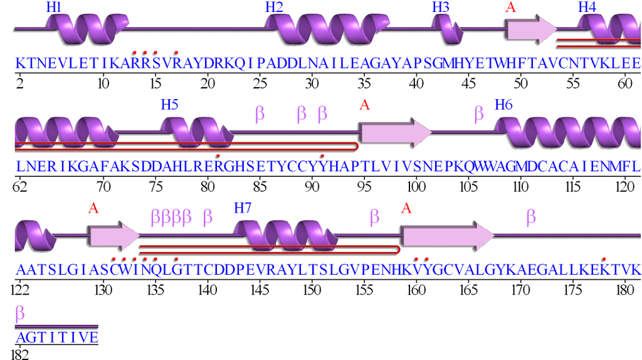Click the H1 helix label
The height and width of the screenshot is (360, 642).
pyautogui.click(x=53, y=8)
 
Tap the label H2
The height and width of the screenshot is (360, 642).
pyautogui.click(x=274, y=8)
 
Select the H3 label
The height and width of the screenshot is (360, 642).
pyautogui.click(x=440, y=8)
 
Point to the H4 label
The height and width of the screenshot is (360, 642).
pyautogui.click(x=587, y=8)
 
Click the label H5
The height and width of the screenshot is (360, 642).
pyautogui.click(x=169, y=105)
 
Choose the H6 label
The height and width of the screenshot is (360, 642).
pyautogui.click(x=503, y=105)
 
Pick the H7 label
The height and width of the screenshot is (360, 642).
pyautogui.click(x=243, y=208)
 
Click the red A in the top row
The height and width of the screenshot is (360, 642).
pyautogui.click(x=511, y=8)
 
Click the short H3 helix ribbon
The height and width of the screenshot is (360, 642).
pyautogui.click(x=446, y=29)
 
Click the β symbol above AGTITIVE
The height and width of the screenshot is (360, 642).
pyautogui.click(x=20, y=312)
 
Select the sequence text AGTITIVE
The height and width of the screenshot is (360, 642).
pyautogui.click(x=56, y=338)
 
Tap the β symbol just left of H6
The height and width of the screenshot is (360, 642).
pyautogui.click(x=479, y=113)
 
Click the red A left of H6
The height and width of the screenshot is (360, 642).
pyautogui.click(x=364, y=105)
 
